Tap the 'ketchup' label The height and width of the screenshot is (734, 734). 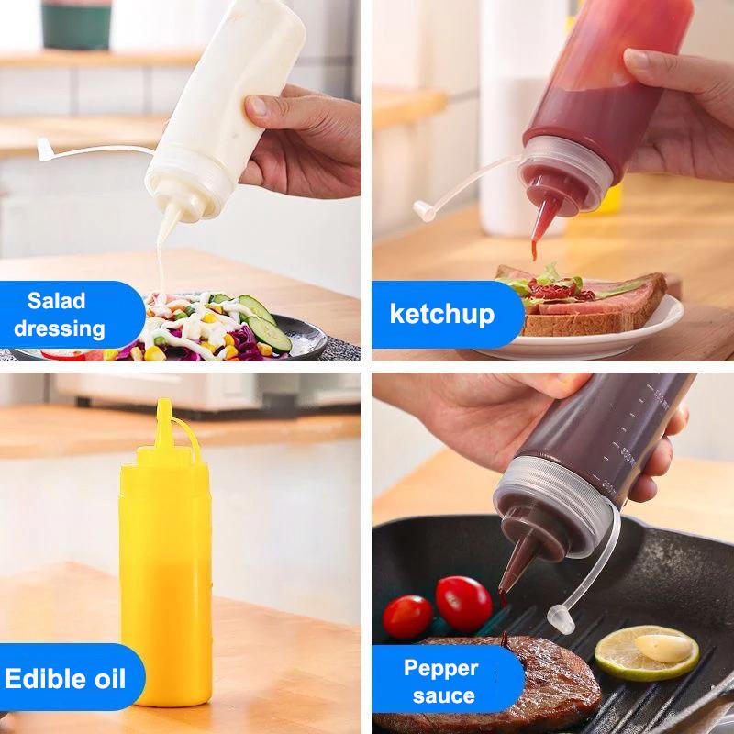click(442, 314)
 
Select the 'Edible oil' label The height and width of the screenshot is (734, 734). click(64, 679)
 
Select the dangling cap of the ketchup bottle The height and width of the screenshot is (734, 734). click(423, 210)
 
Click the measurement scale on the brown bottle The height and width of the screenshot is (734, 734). click(633, 431)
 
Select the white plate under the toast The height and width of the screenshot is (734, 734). click(642, 335)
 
